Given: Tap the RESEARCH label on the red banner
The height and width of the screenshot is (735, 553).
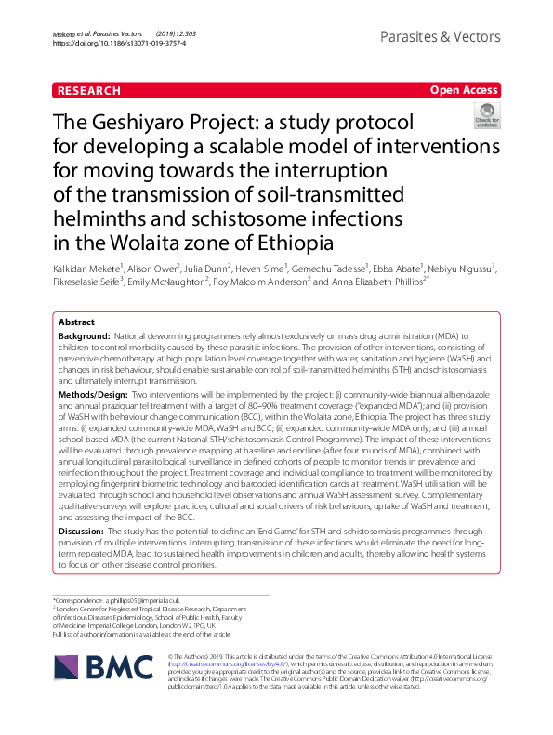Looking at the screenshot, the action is [x=88, y=90].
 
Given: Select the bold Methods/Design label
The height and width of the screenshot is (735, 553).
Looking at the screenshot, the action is [x=101, y=395].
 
